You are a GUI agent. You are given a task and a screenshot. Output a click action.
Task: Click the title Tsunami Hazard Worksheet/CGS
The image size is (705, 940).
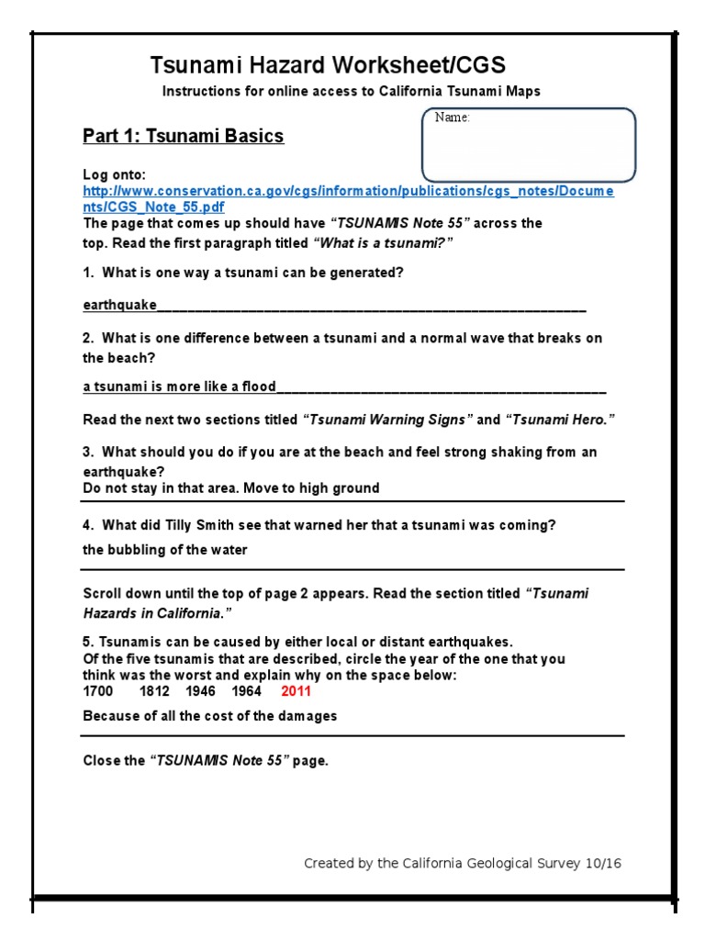(328, 65)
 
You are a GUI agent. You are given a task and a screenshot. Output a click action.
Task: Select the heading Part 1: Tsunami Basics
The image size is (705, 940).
(184, 137)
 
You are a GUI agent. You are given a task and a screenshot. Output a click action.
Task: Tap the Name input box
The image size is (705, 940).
(528, 145)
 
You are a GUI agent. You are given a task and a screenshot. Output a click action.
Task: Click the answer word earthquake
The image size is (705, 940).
(119, 306)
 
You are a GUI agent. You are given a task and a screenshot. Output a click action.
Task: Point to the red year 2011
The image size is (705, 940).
(297, 691)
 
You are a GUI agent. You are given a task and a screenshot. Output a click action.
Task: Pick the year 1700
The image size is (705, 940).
(98, 691)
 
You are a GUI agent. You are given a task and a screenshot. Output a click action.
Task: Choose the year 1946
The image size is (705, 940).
(200, 691)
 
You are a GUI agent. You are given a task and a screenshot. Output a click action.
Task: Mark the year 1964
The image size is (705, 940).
(246, 691)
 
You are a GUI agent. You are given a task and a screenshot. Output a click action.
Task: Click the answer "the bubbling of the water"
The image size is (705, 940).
(165, 550)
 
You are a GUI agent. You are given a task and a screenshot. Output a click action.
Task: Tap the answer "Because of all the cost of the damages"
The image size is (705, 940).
(209, 716)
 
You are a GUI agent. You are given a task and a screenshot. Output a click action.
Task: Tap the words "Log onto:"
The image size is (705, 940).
(114, 174)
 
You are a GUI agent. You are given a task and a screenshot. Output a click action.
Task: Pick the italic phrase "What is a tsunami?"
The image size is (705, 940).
(384, 241)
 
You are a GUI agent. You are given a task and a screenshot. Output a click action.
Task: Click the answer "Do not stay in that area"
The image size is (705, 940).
(156, 488)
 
